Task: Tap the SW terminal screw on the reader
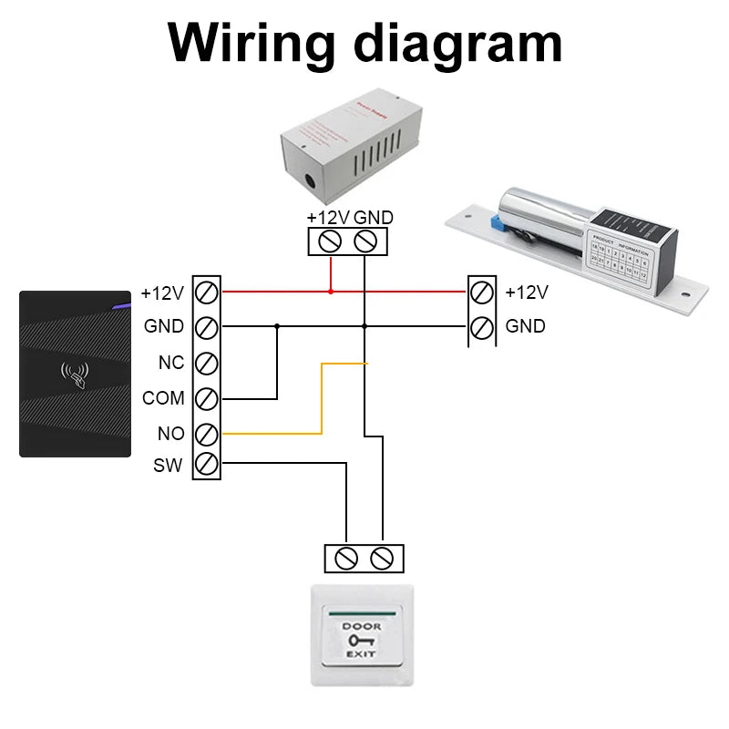(207, 466)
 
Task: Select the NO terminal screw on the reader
(207, 433)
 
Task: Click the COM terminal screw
(207, 398)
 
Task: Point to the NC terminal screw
(207, 363)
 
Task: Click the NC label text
(171, 363)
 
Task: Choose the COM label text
(164, 398)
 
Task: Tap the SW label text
(168, 466)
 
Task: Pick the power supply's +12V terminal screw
(331, 241)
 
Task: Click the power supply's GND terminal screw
(364, 241)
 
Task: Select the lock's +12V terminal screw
(482, 293)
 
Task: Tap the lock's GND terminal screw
(482, 325)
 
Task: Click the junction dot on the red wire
(331, 292)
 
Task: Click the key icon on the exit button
(362, 641)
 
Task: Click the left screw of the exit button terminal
(346, 558)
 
